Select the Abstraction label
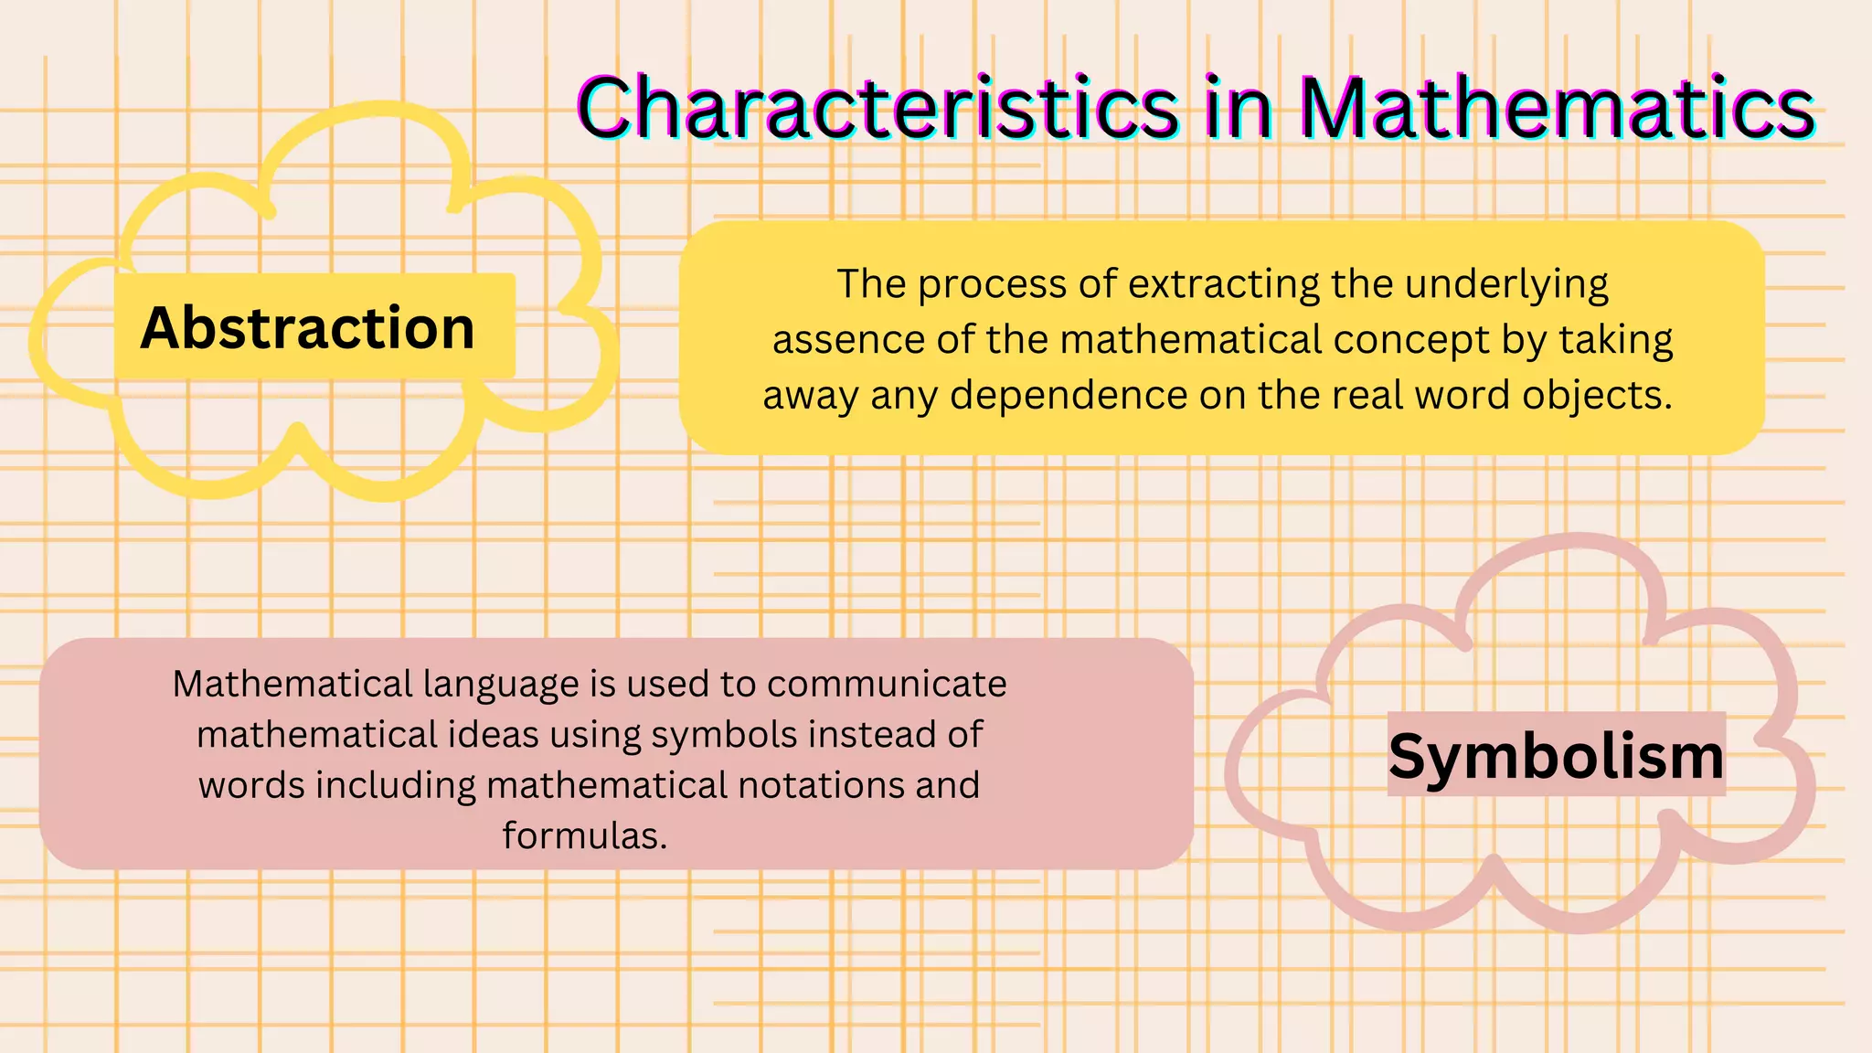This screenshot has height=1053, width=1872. pos(307,327)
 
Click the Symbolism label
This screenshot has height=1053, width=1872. pos(1556,756)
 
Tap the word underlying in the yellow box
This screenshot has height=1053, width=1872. pos(1506,284)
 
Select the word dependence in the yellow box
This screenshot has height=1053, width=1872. pos(1068,396)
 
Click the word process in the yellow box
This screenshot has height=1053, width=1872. pos(992,285)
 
